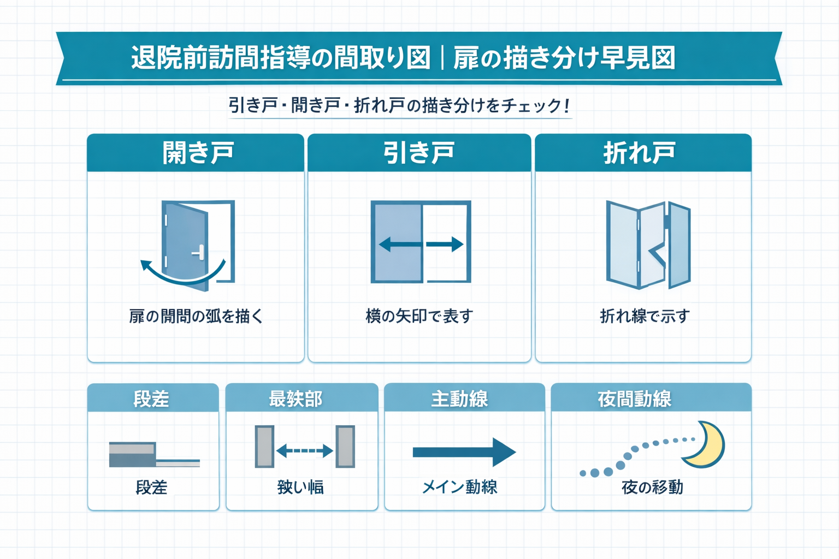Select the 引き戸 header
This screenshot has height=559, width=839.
pyautogui.click(x=419, y=153)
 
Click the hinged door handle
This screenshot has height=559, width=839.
pyautogui.click(x=198, y=253)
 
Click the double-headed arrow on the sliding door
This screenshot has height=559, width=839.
pyautogui.click(x=421, y=244)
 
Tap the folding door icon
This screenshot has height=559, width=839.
pyautogui.click(x=648, y=245)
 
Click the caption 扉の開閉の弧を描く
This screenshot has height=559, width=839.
pyautogui.click(x=196, y=316)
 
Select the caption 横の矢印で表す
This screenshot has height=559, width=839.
pyautogui.click(x=419, y=316)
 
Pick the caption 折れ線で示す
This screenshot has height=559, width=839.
pyautogui.click(x=645, y=316)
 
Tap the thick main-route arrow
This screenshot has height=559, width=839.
pyautogui.click(x=464, y=452)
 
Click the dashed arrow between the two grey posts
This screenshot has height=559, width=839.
pyautogui.click(x=304, y=451)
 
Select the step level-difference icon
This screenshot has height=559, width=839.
pyautogui.click(x=153, y=455)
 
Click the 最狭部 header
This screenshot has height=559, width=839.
pyautogui.click(x=296, y=399)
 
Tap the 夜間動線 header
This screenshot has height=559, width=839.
pyautogui.click(x=634, y=399)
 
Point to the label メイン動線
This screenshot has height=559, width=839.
pyautogui.click(x=459, y=487)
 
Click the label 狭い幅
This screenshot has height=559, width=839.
pyautogui.click(x=300, y=487)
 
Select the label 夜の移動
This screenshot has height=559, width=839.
pyautogui.click(x=652, y=487)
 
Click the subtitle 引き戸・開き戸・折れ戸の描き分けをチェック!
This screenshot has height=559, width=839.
pyautogui.click(x=399, y=105)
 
